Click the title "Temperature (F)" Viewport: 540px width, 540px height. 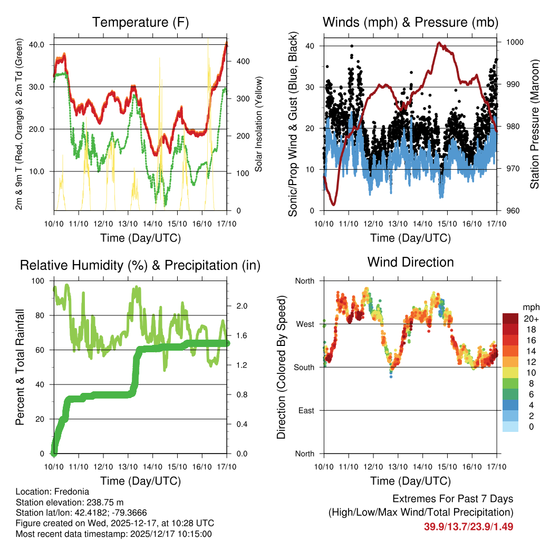140,22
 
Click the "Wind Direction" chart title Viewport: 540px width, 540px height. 410,262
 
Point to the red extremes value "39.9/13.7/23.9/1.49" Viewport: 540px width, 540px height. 468,526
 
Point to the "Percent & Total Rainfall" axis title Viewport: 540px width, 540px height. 20,367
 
